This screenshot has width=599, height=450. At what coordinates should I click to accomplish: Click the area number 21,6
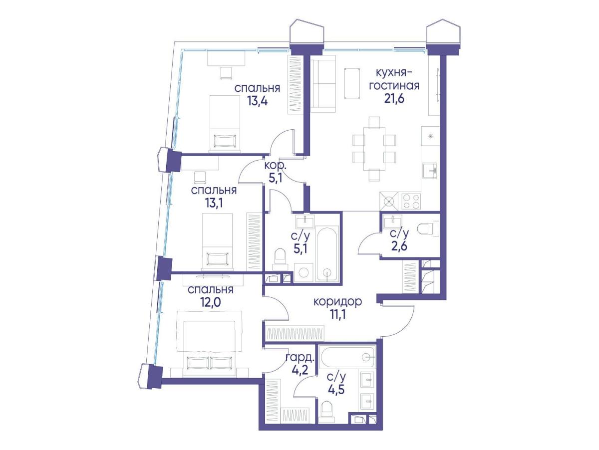pyautogui.click(x=394, y=98)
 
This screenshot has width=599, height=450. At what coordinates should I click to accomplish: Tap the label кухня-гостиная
pyautogui.click(x=394, y=79)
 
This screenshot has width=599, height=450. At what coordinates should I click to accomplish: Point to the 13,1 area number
pyautogui.click(x=214, y=203)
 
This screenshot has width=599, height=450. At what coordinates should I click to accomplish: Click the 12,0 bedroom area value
pyautogui.click(x=211, y=302)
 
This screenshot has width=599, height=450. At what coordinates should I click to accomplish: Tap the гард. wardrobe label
pyautogui.click(x=300, y=358)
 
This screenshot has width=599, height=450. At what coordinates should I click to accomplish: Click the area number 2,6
pyautogui.click(x=399, y=246)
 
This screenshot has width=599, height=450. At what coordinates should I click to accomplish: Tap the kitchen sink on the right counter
pyautogui.click(x=430, y=171)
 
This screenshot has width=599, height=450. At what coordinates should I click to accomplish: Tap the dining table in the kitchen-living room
pyautogui.click(x=374, y=150)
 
